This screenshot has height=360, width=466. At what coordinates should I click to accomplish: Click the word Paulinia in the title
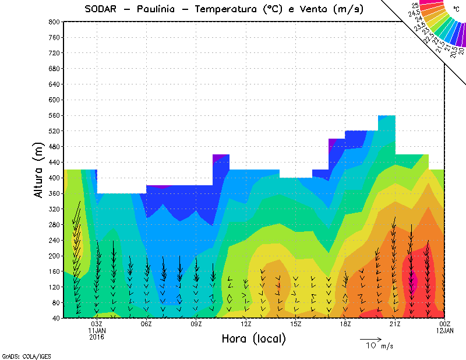(154, 9)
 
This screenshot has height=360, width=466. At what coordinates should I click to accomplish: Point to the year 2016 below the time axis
(97, 337)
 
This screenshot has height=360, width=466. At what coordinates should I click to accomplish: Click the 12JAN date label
(445, 331)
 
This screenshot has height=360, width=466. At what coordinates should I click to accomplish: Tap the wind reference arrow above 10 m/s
(370, 339)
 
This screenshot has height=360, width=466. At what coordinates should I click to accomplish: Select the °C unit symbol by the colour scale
(456, 9)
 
